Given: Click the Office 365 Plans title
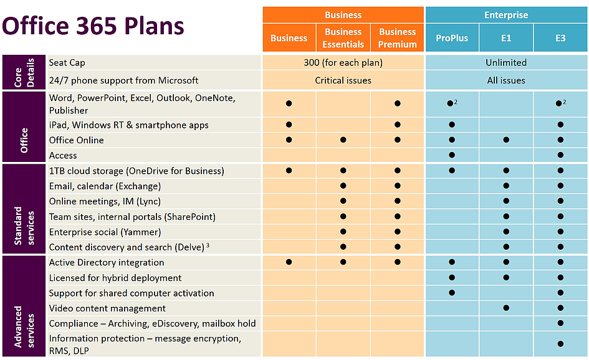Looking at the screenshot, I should click(x=93, y=26).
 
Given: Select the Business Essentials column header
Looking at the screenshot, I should click(x=343, y=38).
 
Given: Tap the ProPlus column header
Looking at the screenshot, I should click(x=452, y=38).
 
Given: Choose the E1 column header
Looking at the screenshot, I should click(x=506, y=38).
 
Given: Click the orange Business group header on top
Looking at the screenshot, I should click(x=343, y=14).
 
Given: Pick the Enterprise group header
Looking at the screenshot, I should click(x=505, y=14).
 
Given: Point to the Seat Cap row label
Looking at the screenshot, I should click(x=68, y=62).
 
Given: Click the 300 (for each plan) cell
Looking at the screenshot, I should click(x=343, y=62).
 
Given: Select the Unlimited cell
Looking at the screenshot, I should click(x=505, y=62).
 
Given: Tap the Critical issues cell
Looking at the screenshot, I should click(x=343, y=80).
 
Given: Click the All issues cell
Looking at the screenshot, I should click(x=505, y=80).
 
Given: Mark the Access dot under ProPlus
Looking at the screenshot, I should click(x=451, y=155).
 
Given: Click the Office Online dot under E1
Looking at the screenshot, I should click(x=506, y=140).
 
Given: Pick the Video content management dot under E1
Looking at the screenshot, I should click(x=506, y=308).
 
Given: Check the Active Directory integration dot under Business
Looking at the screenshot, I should click(x=289, y=262).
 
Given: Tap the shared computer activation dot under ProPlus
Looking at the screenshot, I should click(x=451, y=293).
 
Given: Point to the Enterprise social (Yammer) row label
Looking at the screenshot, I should click(x=105, y=232).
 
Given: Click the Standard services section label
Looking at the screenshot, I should click(x=24, y=209).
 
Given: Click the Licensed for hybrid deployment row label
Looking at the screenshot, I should click(x=115, y=278).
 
